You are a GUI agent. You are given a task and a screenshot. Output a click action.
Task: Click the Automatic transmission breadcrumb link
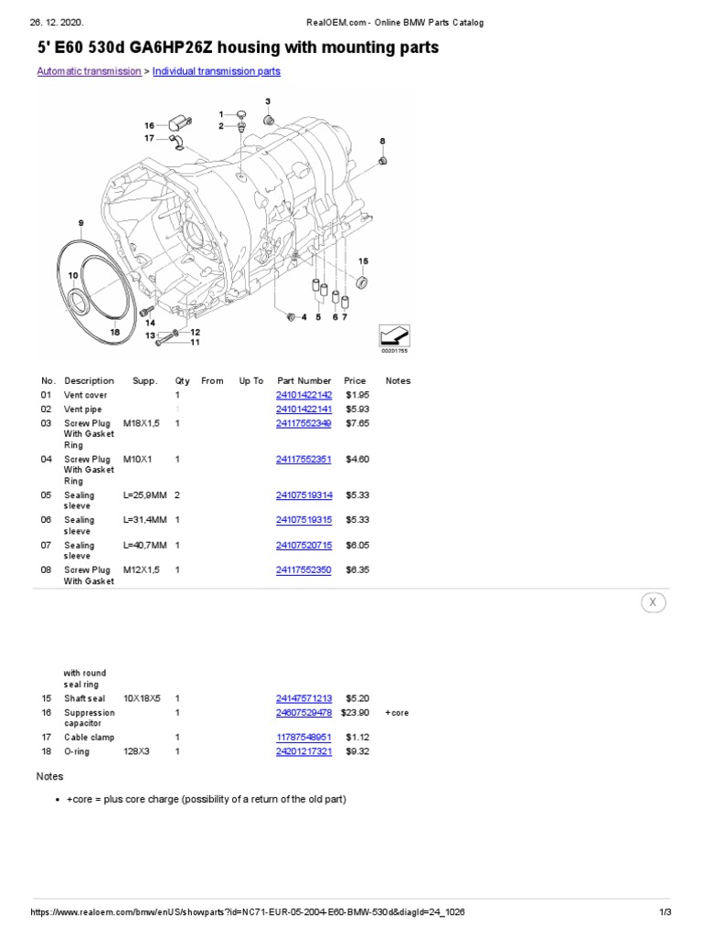tap(88, 71)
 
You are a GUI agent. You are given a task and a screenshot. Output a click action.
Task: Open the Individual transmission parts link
tap(216, 71)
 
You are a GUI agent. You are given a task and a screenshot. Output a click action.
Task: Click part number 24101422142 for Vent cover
tap(303, 395)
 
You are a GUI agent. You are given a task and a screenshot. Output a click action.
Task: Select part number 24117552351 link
tap(303, 460)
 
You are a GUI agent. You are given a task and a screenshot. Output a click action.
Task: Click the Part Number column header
tap(303, 381)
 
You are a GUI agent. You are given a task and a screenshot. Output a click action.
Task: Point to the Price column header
tap(355, 381)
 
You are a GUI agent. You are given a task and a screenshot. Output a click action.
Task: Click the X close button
tap(652, 602)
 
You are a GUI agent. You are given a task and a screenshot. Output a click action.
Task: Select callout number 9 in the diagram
tap(80, 223)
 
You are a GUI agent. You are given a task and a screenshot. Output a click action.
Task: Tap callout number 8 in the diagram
tap(382, 141)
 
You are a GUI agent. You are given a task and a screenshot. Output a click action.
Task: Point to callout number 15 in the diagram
tap(363, 261)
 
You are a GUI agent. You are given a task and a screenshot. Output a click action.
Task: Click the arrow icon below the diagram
tap(395, 335)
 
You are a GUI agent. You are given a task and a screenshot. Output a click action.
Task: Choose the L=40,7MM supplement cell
tap(144, 546)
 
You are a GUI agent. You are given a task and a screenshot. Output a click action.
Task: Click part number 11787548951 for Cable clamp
tap(303, 737)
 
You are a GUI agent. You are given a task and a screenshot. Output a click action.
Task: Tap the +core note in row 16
tap(397, 713)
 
